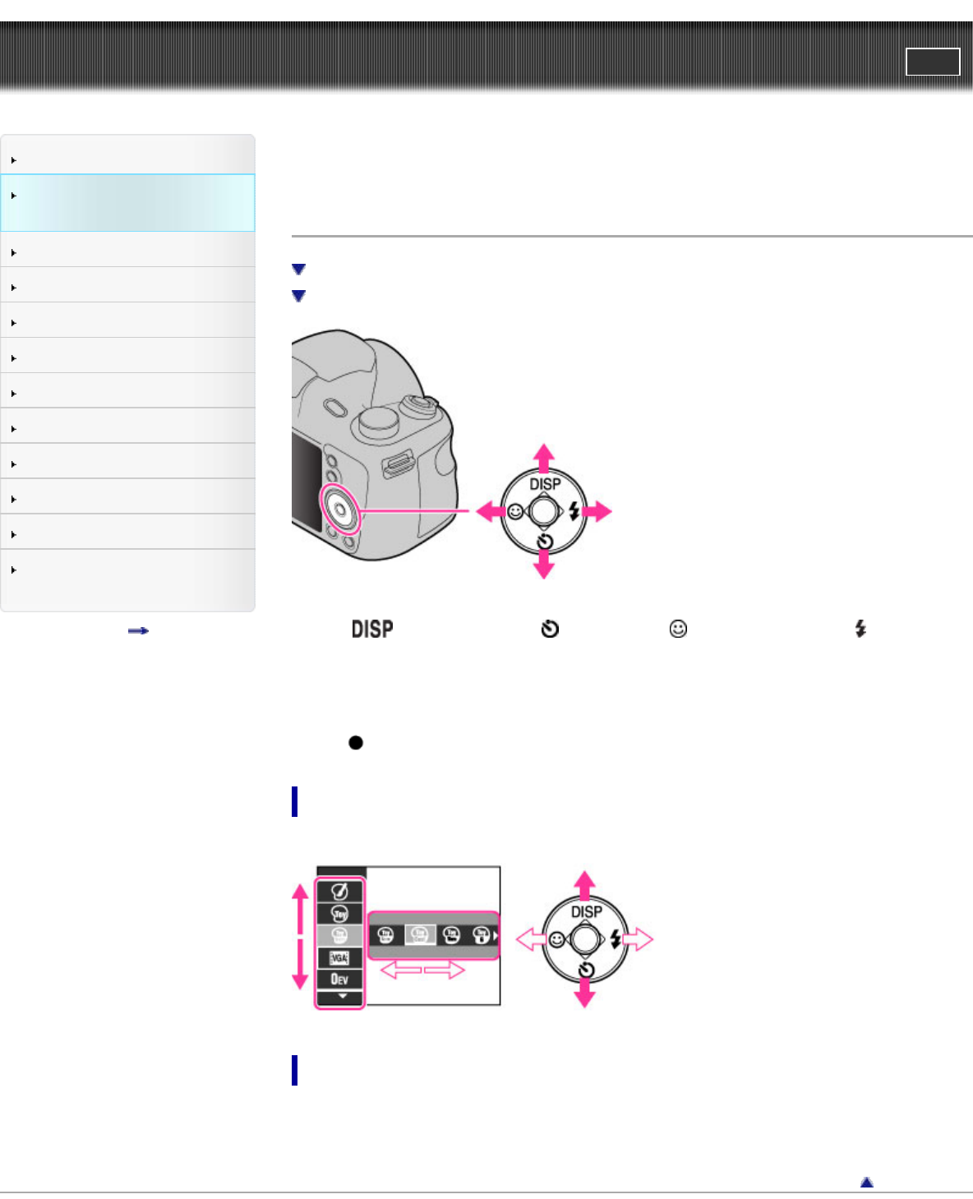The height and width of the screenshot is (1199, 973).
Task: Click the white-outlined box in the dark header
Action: (933, 62)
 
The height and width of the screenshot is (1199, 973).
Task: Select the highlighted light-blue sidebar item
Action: (127, 203)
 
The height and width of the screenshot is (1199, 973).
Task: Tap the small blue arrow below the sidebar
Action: (138, 630)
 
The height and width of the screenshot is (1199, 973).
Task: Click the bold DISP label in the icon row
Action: (372, 629)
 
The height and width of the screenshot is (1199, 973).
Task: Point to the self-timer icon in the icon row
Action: (550, 629)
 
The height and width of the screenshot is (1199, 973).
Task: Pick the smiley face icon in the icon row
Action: (678, 628)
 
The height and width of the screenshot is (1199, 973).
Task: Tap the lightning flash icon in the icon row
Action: (860, 628)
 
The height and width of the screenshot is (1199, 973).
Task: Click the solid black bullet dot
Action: (356, 742)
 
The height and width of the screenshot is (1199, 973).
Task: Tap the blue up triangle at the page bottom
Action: (867, 1182)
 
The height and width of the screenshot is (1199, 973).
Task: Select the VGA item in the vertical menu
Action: (339, 957)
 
